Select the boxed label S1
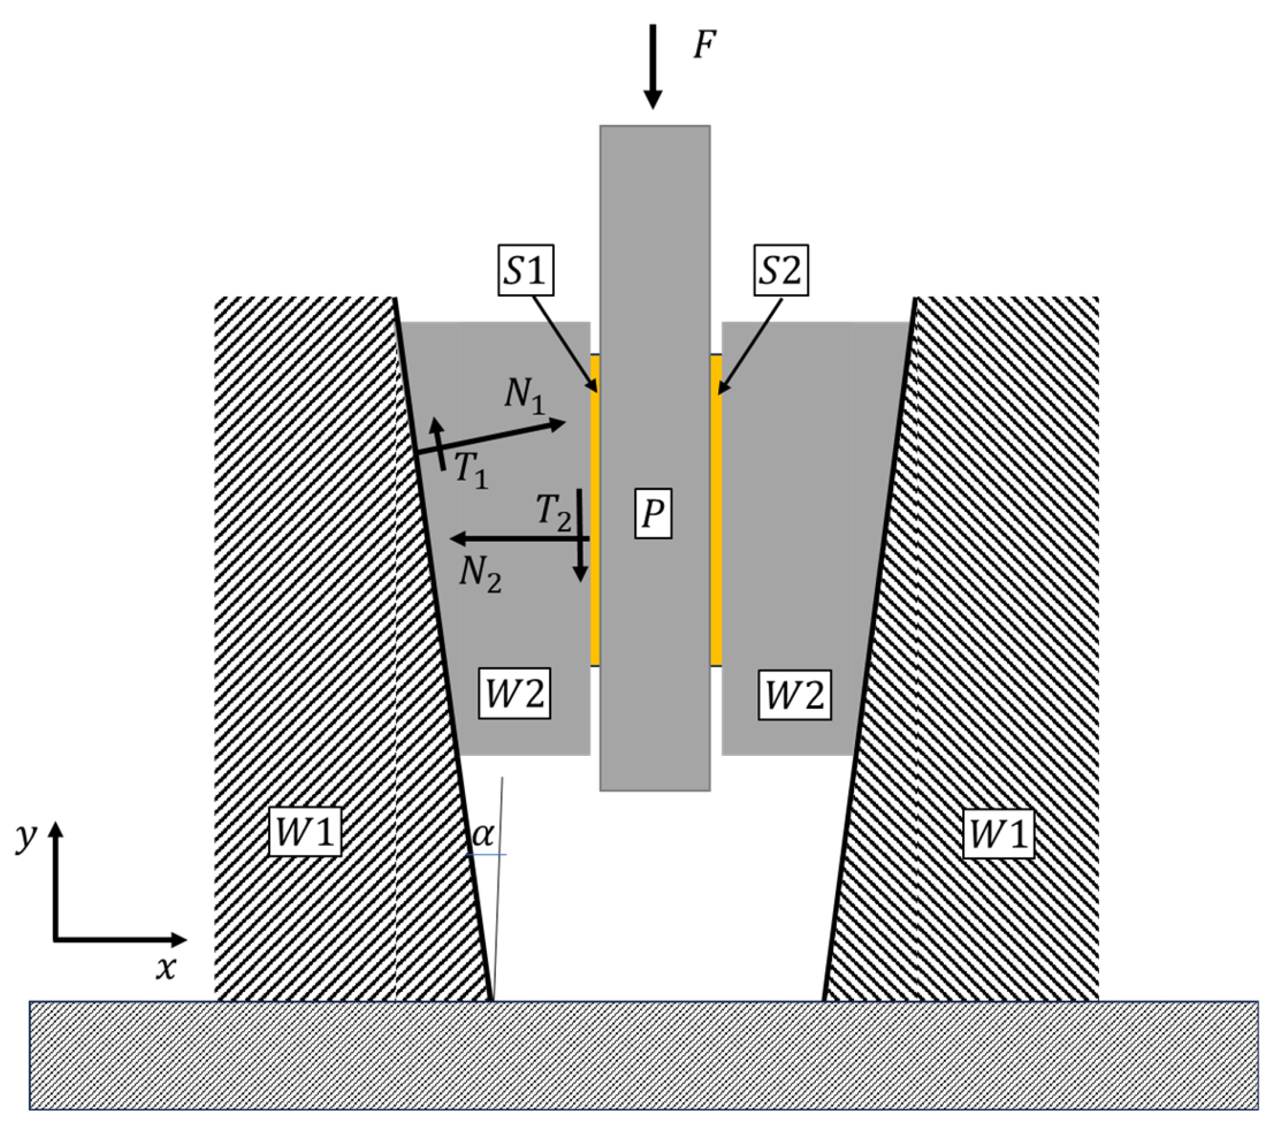coord(525,270)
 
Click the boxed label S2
coord(781,270)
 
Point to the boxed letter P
coord(653,514)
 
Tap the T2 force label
coord(553,512)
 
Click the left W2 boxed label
coord(515,694)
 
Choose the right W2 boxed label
coord(795,694)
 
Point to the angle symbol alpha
coord(483,834)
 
